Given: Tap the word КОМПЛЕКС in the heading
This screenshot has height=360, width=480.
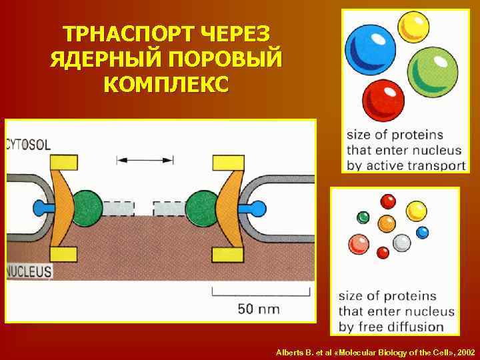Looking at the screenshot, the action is click(166, 85).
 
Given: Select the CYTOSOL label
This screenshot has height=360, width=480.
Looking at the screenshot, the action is click(28, 144).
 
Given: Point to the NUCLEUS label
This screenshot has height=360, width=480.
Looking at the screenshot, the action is click(29, 271).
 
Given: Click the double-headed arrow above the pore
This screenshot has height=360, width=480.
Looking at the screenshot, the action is click(145, 160).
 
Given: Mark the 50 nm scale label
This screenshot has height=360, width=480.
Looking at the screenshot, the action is click(257, 309).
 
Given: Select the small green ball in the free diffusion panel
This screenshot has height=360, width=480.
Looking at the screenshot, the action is click(363, 217).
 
